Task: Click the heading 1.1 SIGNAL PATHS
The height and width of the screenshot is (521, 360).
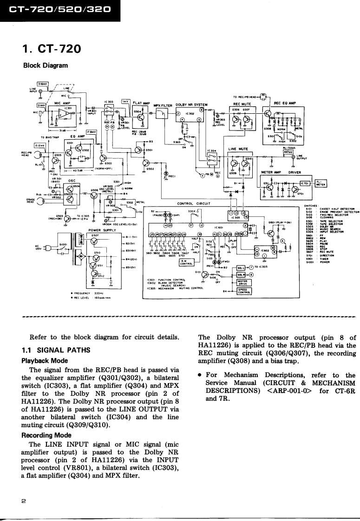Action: point(54,349)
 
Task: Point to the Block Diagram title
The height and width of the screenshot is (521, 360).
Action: point(46,65)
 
